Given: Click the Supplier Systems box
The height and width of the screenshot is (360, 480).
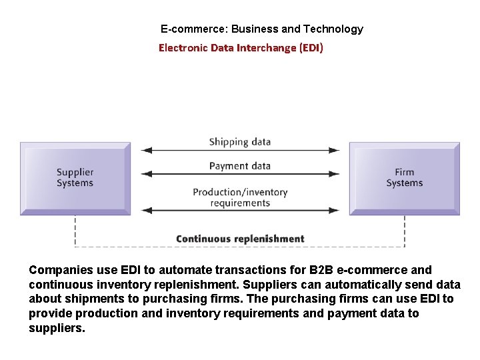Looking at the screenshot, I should click(75, 178).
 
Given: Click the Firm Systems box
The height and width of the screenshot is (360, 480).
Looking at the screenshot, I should click(405, 178).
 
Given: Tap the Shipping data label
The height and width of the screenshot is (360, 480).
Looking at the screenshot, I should click(239, 141).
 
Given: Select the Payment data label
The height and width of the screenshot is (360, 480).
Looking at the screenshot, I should click(239, 165).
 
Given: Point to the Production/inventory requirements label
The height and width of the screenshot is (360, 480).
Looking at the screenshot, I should click(240, 197).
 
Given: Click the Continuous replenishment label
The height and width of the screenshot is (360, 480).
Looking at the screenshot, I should click(240, 239).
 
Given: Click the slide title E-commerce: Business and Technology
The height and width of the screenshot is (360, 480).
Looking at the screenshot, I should click(262, 29).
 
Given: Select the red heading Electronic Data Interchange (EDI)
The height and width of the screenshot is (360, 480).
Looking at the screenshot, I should click(241, 48).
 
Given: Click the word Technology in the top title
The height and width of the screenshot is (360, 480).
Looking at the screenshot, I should click(333, 29).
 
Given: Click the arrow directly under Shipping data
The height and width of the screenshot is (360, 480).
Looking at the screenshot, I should click(240, 151).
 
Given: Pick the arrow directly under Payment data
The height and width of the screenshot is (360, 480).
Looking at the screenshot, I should click(240, 175).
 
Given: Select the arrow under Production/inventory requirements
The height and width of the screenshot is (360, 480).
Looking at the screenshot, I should click(240, 211).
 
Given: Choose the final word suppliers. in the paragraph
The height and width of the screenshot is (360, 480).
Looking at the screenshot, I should click(57, 328).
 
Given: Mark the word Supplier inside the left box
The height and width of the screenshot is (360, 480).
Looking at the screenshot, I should click(75, 173).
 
